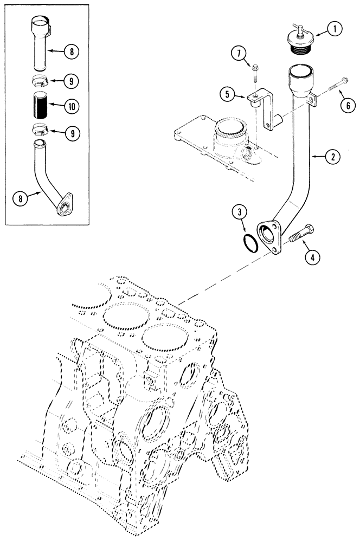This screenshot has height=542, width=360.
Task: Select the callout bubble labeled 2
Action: (333, 157)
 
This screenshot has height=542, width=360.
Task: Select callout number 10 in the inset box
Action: (70, 107)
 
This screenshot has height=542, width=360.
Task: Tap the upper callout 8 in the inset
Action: (70, 52)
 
